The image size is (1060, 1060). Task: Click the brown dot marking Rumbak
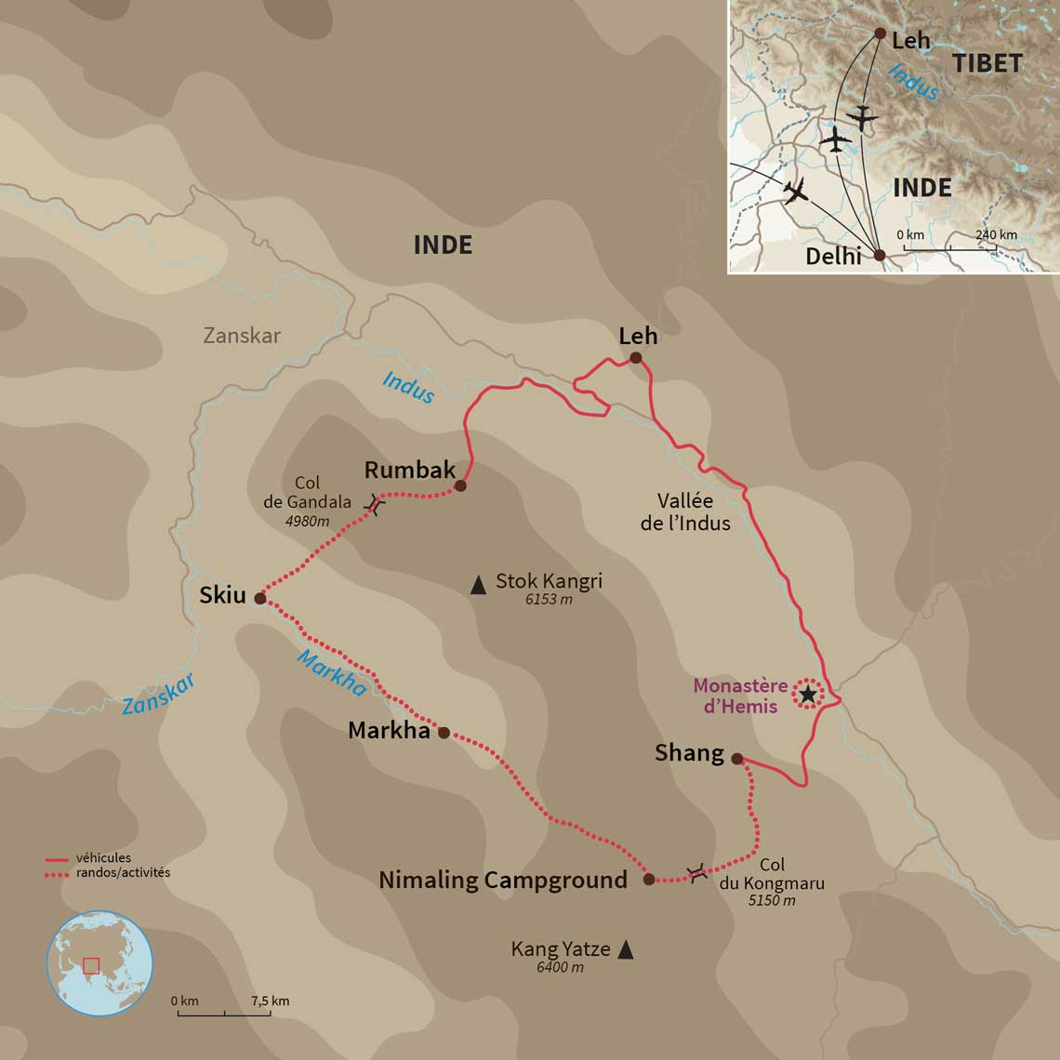tap(459, 485)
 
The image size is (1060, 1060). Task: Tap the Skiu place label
tap(222, 595)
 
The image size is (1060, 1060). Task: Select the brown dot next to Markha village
tap(444, 733)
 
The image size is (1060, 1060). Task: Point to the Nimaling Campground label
tap(502, 880)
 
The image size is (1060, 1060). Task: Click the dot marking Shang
tap(736, 759)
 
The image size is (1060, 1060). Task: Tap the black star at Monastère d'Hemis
tap(808, 694)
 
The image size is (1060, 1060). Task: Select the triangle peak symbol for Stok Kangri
tap(478, 585)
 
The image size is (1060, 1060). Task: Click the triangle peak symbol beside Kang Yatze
tap(626, 949)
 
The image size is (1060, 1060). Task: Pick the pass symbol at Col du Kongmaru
tap(696, 872)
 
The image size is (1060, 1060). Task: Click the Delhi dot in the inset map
tap(880, 255)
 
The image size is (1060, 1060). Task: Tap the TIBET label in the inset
tap(987, 63)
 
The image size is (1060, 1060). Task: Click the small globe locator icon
tap(99, 962)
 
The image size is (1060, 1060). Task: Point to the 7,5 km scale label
tap(270, 1000)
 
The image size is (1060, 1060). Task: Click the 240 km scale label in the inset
tap(996, 235)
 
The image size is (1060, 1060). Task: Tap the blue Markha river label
tap(331, 672)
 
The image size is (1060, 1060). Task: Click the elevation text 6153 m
tap(548, 600)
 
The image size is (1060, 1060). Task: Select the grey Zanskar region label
tap(242, 336)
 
